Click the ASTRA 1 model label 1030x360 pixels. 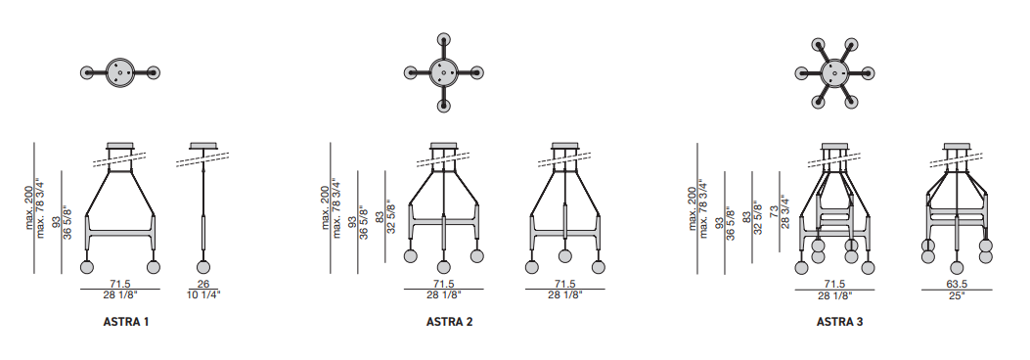click(126, 322)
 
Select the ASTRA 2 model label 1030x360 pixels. click(449, 322)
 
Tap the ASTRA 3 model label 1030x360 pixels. click(839, 322)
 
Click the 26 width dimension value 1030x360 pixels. click(204, 284)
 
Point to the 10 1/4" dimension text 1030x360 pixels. click(204, 295)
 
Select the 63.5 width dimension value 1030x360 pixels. click(957, 284)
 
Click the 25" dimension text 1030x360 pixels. click(957, 295)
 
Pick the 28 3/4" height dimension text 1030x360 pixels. click(785, 211)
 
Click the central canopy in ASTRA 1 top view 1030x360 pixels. click(119, 72)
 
